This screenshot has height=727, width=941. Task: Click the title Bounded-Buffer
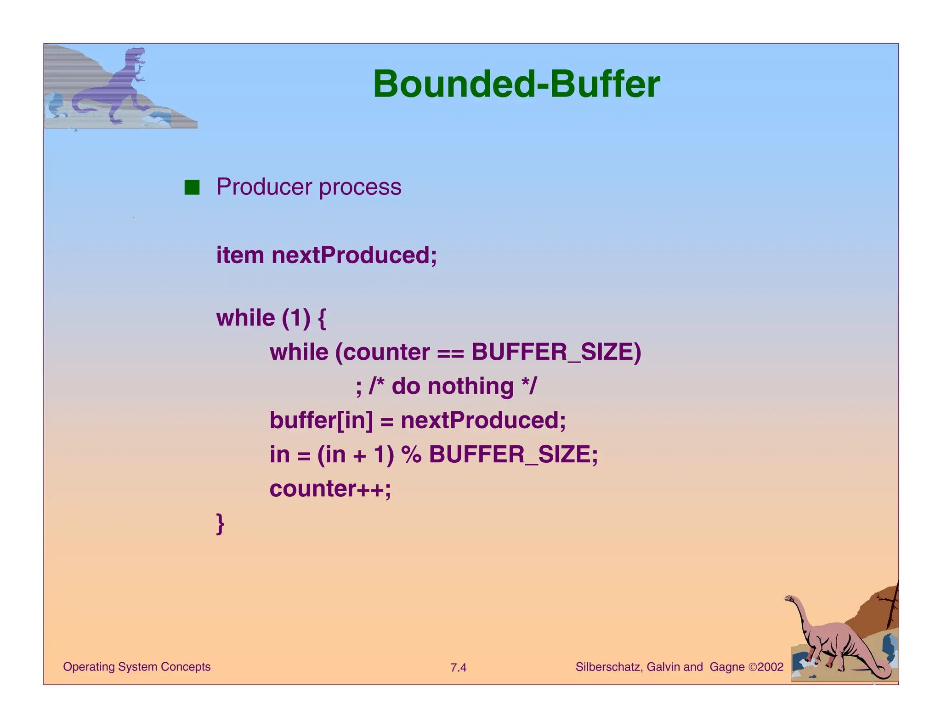[x=516, y=84]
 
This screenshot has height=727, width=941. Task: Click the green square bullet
[x=192, y=187]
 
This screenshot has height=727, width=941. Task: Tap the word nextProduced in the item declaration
[x=354, y=255]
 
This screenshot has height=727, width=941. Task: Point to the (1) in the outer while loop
[x=296, y=318]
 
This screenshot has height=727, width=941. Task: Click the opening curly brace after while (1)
[x=322, y=318]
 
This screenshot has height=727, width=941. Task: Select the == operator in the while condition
[x=450, y=353]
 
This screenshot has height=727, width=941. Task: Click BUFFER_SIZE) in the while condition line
[x=556, y=352]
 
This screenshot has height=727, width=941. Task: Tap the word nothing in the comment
[x=470, y=386]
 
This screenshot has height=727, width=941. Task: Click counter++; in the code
[x=330, y=488]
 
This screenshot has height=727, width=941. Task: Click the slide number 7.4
[x=458, y=668]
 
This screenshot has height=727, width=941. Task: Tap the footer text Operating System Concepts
[x=136, y=667]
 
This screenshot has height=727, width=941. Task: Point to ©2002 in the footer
[x=765, y=667]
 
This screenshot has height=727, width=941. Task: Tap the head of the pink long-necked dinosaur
[x=790, y=599]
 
